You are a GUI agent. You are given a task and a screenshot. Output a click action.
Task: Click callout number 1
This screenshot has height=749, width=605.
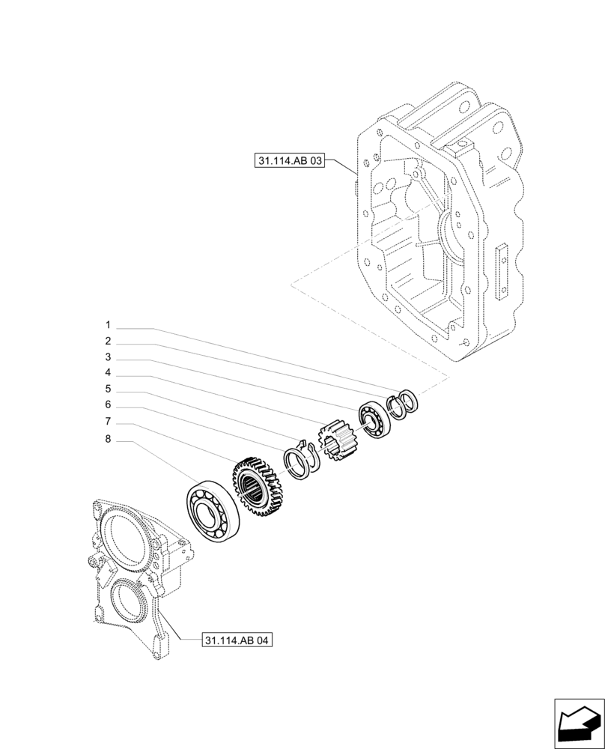[x=108, y=325]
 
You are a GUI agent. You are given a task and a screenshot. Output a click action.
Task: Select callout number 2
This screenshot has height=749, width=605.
[x=108, y=341]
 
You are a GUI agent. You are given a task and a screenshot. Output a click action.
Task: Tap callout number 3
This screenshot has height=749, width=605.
[x=108, y=357]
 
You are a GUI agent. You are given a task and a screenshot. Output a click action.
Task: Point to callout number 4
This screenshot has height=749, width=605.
[x=108, y=372]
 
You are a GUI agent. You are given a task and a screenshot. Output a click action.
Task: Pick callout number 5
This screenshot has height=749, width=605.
[x=108, y=389]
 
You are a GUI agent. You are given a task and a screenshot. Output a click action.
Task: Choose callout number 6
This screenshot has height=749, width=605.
[x=108, y=404]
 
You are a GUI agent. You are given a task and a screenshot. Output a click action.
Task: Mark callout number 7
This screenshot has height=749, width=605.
[x=108, y=421]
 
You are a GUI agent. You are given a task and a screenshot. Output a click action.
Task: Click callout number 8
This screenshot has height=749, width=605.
[x=108, y=440]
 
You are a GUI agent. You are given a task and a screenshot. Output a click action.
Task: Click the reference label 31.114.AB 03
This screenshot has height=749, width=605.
[x=289, y=160]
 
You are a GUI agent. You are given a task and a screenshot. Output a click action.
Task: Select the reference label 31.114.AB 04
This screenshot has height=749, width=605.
[x=237, y=640]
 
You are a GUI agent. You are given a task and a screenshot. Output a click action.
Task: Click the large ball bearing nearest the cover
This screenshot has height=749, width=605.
[x=213, y=512]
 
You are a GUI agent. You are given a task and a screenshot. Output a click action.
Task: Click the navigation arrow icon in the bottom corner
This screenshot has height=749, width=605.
[x=578, y=723]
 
